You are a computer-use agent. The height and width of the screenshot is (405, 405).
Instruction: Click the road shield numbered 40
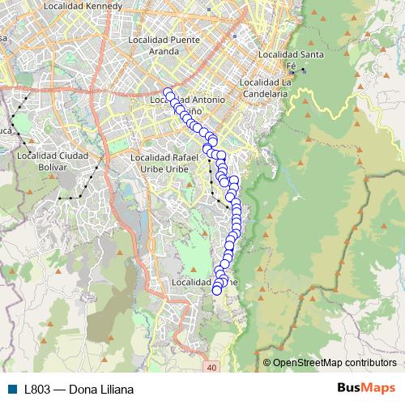(x=211, y=368)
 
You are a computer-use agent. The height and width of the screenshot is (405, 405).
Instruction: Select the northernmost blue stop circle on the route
(x=168, y=92)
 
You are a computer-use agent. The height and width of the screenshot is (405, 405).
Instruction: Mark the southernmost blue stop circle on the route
(x=216, y=291)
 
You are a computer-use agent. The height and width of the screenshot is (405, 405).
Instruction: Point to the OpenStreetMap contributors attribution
(x=335, y=362)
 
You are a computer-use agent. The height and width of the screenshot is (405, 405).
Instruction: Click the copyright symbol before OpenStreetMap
(x=267, y=362)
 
